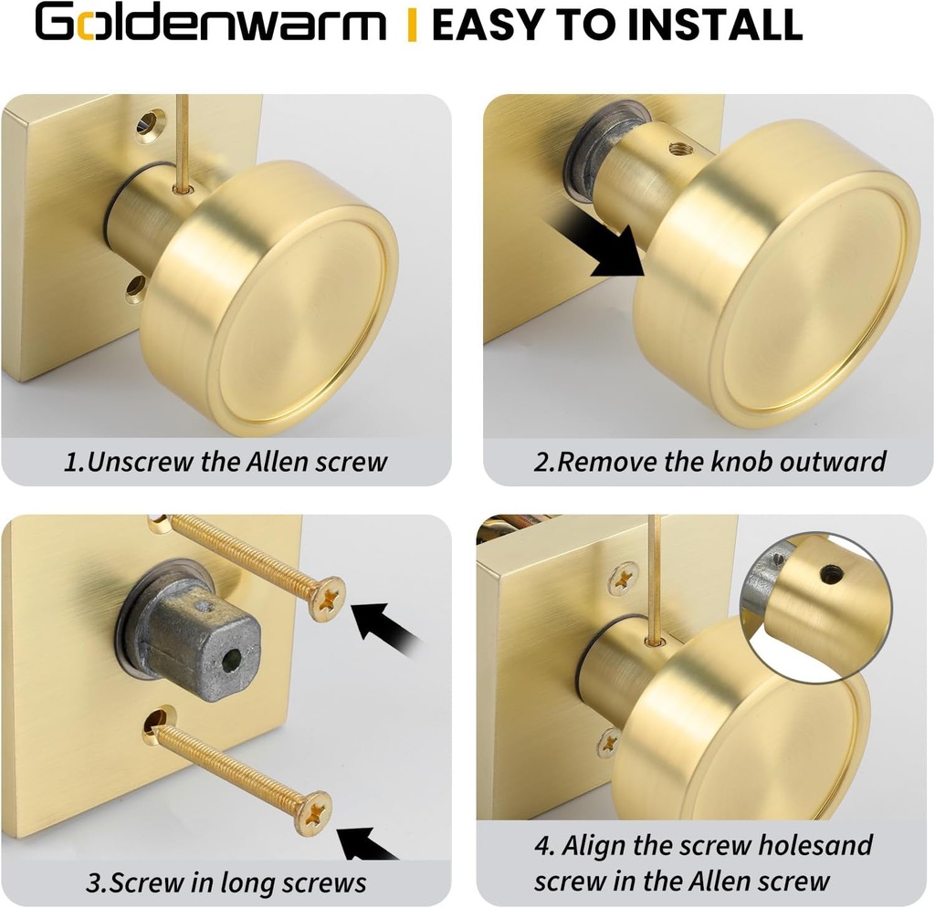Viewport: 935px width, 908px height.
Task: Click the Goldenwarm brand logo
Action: click(210, 25)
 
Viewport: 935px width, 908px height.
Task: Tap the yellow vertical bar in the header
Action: click(412, 25)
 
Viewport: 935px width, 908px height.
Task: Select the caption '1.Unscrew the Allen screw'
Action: click(226, 461)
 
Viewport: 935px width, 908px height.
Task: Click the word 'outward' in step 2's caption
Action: click(832, 461)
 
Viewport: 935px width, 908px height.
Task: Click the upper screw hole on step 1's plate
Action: click(150, 124)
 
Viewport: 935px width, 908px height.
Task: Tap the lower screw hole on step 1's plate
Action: click(135, 289)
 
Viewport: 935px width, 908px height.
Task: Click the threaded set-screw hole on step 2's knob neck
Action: click(678, 147)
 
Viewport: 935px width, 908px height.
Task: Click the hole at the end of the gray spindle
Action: click(235, 657)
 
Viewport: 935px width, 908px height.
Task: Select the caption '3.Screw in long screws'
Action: click(226, 882)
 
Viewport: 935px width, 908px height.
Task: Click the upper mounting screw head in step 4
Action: click(624, 577)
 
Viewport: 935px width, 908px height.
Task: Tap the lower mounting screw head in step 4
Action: click(609, 740)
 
